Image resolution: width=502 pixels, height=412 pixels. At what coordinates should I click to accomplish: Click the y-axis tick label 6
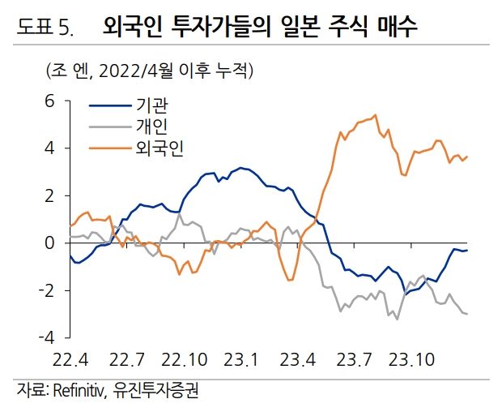click(49, 102)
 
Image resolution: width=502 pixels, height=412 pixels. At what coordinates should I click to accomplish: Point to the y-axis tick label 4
click(49, 149)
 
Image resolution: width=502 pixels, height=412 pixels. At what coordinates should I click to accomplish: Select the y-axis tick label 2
click(49, 196)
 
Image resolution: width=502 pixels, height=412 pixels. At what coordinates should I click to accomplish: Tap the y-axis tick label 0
click(49, 243)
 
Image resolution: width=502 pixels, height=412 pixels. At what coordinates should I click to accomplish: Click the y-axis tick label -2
click(46, 290)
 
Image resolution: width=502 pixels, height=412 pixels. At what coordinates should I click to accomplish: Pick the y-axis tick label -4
click(46, 336)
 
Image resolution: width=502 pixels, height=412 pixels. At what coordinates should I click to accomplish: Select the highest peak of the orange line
click(376, 115)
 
